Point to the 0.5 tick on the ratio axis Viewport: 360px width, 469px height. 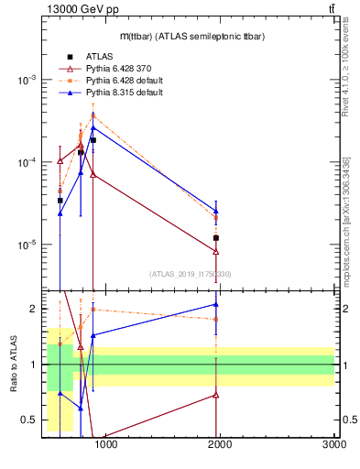29,420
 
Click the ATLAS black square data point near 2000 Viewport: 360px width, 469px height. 216,238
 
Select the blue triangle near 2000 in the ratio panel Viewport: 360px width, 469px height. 216,304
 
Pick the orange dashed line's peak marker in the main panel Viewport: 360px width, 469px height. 93,115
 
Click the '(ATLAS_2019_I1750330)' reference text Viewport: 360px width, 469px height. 190,274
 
